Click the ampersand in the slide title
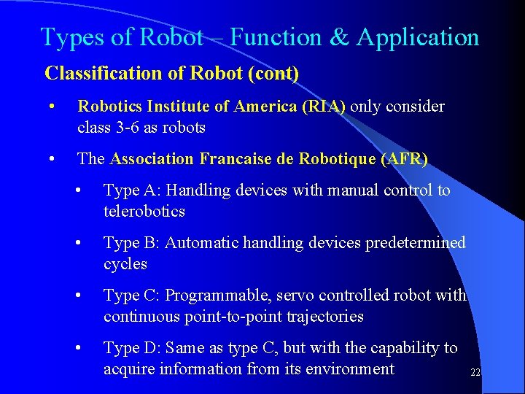point(339,37)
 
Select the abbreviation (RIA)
point(323,107)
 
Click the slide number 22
point(475,372)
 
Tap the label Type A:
point(133,190)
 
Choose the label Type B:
point(133,243)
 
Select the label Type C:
point(133,295)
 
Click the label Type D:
point(133,348)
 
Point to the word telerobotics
point(144,212)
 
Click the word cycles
point(125,264)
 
